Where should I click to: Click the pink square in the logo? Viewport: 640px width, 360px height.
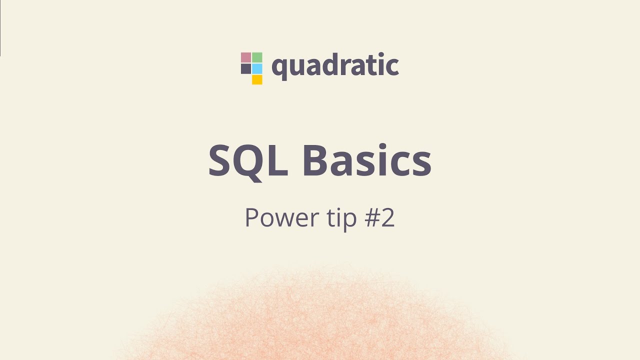tap(246, 57)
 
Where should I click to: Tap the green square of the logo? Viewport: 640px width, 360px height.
tap(257, 57)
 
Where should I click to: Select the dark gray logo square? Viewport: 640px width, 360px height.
tap(246, 68)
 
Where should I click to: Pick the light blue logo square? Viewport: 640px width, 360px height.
tap(257, 68)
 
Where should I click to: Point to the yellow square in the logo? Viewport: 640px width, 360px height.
tap(257, 79)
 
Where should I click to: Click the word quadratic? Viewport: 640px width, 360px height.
tap(335, 66)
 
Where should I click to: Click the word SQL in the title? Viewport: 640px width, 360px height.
tap(248, 161)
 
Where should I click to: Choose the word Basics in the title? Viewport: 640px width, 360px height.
tap(367, 161)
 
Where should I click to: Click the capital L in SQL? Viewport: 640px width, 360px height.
tap(279, 161)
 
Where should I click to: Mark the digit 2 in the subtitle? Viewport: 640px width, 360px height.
tap(386, 218)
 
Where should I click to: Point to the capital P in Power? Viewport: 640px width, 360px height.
tap(251, 218)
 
